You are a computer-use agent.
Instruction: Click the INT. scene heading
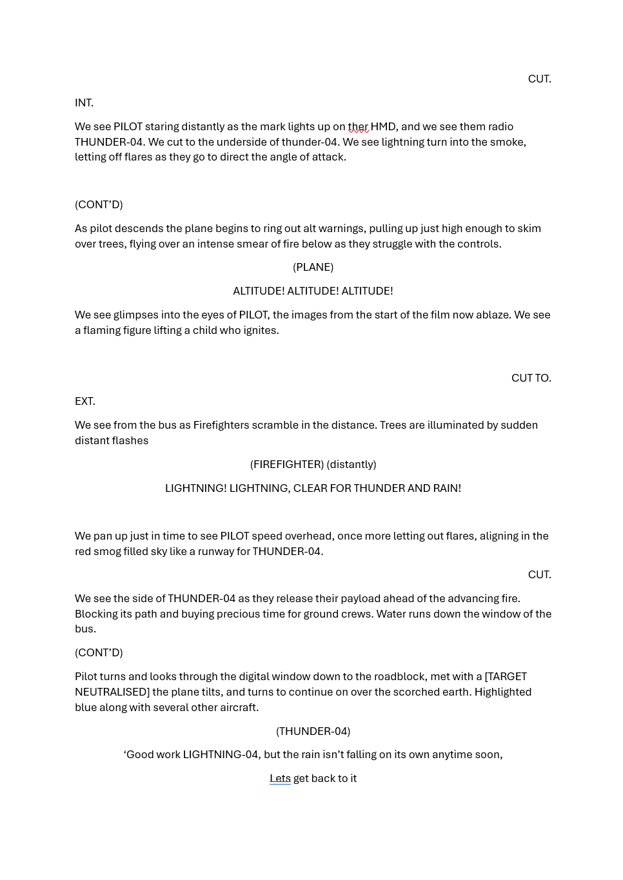pyautogui.click(x=84, y=103)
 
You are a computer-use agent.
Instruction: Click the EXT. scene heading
pyautogui.click(x=84, y=401)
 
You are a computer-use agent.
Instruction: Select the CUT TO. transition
pyautogui.click(x=531, y=378)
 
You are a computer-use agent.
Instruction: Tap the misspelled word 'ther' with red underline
pyautogui.click(x=358, y=126)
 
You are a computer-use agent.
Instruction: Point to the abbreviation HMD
pyautogui.click(x=383, y=126)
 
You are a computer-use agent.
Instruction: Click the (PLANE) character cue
pyautogui.click(x=313, y=267)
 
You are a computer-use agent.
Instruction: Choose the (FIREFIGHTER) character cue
pyautogui.click(x=286, y=464)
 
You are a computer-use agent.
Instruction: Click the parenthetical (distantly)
pyautogui.click(x=351, y=464)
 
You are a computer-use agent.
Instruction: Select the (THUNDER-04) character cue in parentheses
pyautogui.click(x=313, y=731)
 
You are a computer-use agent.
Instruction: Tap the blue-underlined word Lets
pyautogui.click(x=280, y=778)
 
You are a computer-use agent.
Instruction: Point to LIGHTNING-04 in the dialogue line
pyautogui.click(x=221, y=754)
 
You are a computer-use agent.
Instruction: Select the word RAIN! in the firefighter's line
pyautogui.click(x=447, y=488)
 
